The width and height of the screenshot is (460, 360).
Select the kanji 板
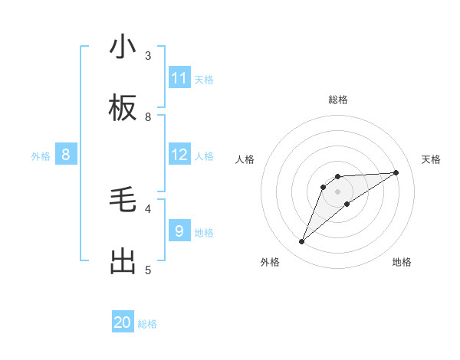(x=123, y=109)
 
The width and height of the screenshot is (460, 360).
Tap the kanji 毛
(x=123, y=201)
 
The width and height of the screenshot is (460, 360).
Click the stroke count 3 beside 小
(x=148, y=55)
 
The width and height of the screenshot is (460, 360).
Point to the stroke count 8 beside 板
(x=148, y=116)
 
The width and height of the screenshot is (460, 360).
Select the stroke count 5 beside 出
(x=148, y=270)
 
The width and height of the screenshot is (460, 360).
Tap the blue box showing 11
(x=179, y=78)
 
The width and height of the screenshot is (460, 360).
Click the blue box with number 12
(x=179, y=155)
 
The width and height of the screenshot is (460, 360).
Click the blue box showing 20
(x=123, y=322)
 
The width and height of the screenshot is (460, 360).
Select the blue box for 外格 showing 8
(x=66, y=155)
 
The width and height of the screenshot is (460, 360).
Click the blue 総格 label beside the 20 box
(x=147, y=324)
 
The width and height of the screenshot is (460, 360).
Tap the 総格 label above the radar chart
(x=338, y=100)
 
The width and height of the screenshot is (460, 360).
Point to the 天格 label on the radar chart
(x=431, y=159)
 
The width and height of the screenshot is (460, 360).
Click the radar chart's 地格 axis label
(x=402, y=262)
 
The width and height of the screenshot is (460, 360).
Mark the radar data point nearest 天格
(x=396, y=172)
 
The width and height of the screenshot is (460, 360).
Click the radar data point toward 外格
(x=301, y=242)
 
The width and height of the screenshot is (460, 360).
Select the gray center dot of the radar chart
(x=338, y=191)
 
